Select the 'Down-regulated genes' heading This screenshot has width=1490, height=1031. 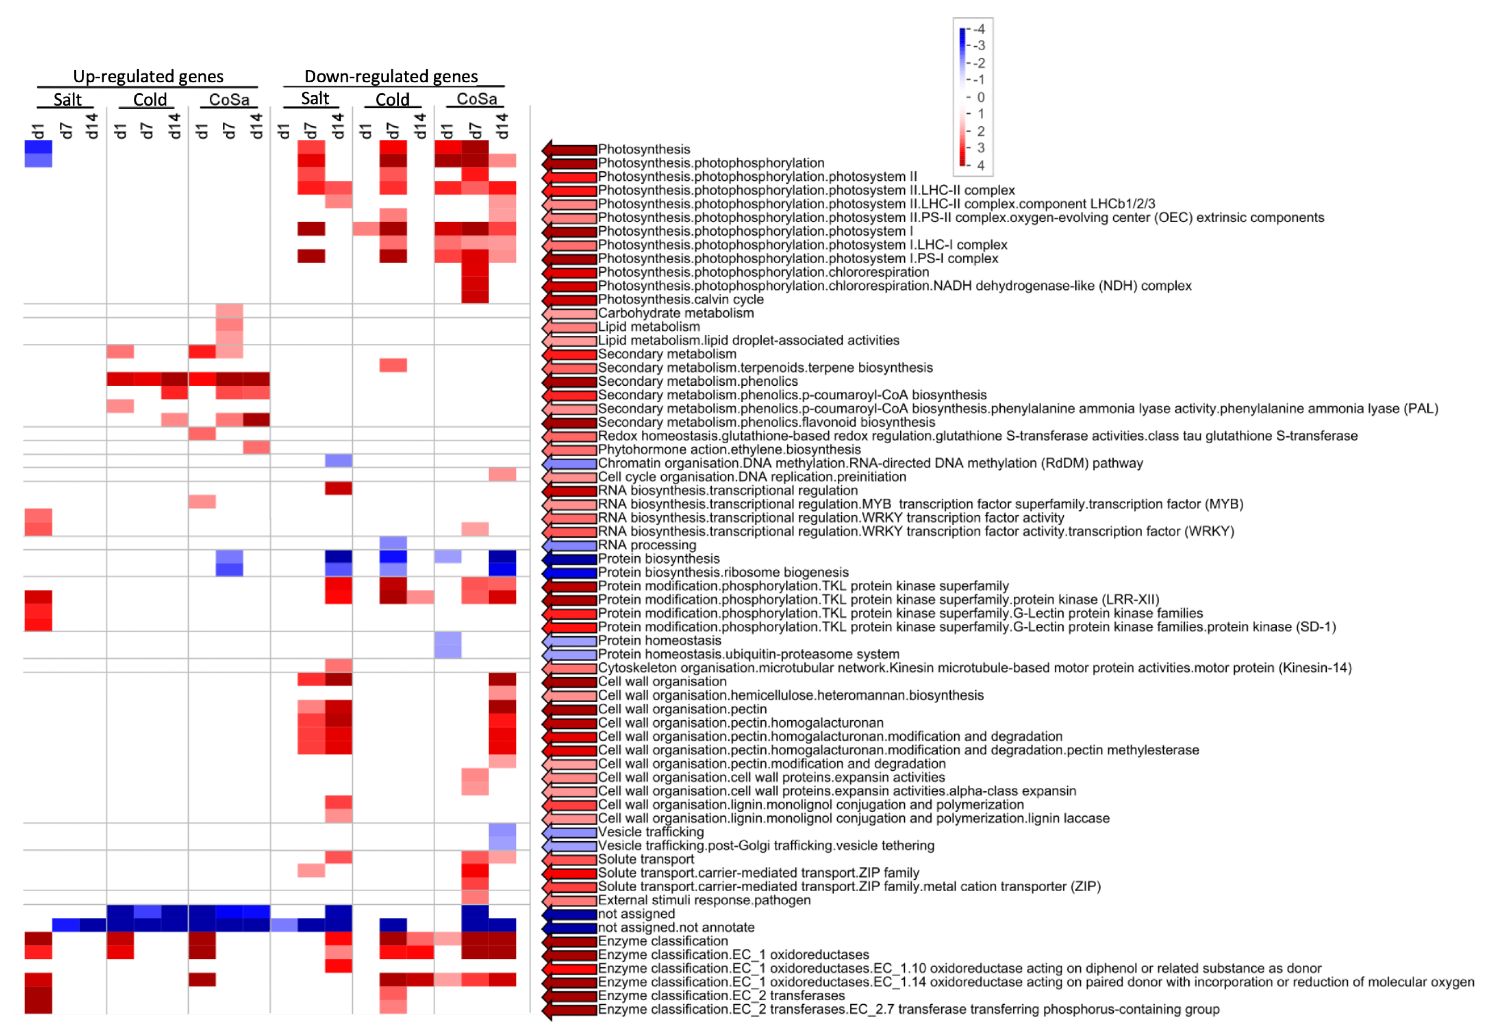(391, 76)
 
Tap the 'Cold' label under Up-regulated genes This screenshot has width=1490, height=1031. (150, 100)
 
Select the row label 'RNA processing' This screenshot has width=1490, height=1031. (647, 545)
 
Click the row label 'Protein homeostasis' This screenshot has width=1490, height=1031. (659, 641)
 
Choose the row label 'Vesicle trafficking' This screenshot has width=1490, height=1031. (650, 832)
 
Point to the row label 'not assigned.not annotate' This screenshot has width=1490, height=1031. (676, 928)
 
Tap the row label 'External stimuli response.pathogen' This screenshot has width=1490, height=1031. (704, 900)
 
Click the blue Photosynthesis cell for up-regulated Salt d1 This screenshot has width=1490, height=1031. (38, 147)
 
